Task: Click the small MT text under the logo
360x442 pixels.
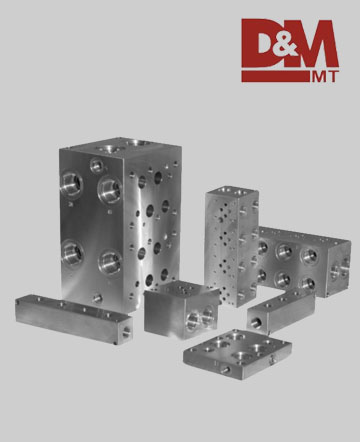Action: [325, 77]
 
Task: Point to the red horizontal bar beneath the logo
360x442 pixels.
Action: [275, 76]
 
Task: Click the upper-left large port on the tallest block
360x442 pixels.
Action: [71, 184]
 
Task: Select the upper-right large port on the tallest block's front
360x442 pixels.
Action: [110, 190]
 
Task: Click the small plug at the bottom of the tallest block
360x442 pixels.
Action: [97, 298]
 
